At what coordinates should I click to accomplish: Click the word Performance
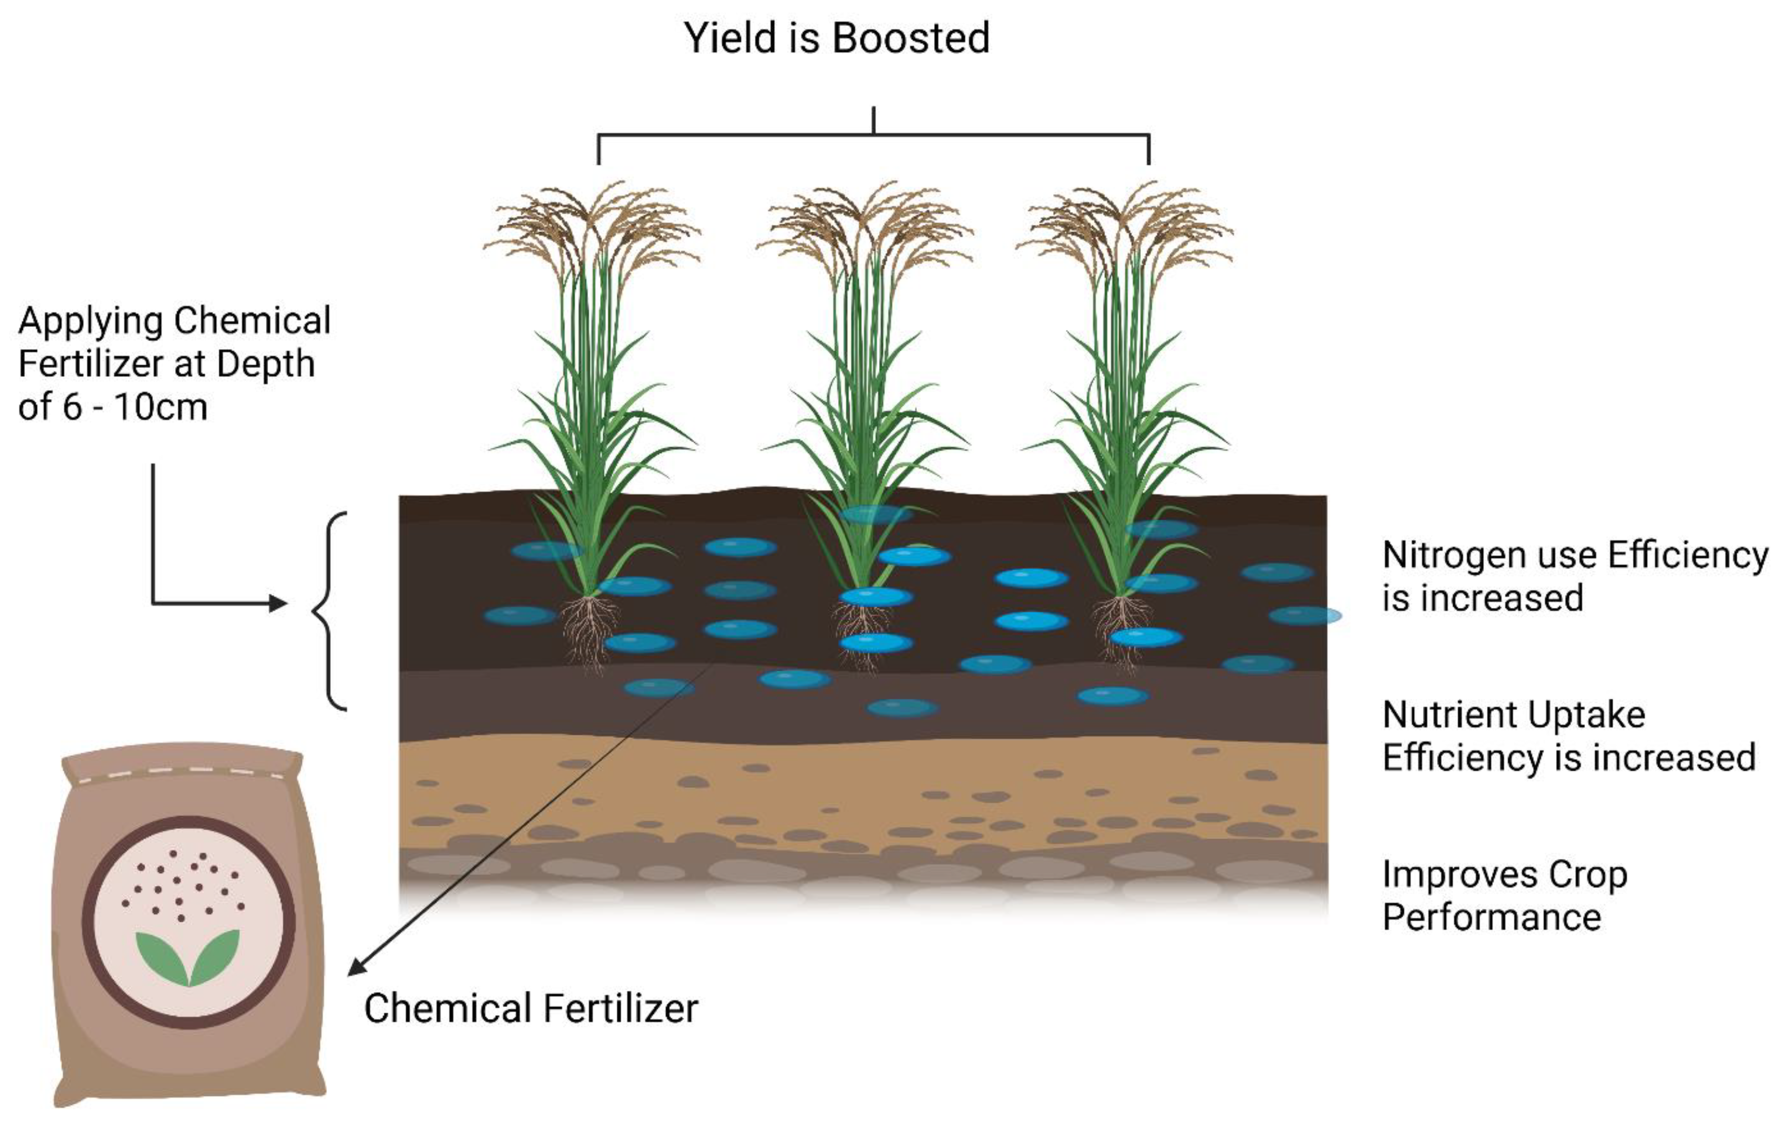point(1491,917)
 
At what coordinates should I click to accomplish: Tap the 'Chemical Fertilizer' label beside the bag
point(530,1008)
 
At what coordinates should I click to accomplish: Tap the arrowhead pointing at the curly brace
point(278,603)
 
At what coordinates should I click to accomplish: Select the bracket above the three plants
point(873,136)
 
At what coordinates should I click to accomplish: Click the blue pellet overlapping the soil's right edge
point(1306,615)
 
